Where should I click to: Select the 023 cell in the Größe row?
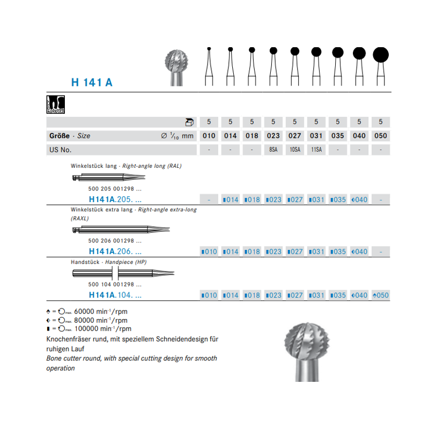tap(273, 136)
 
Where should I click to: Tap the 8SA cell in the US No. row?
tap(273, 150)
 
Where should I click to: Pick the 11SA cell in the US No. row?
tap(316, 150)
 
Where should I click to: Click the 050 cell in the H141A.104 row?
tap(380, 295)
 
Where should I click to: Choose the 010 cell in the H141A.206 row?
tap(209, 252)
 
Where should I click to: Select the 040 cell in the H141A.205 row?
tap(359, 199)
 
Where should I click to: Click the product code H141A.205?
tap(115, 199)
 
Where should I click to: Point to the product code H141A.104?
tap(115, 295)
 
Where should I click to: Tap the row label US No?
tap(60, 150)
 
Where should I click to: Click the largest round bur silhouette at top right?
tap(380, 55)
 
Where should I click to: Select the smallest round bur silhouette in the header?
tap(209, 49)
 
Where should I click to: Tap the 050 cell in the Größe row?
tap(380, 136)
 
